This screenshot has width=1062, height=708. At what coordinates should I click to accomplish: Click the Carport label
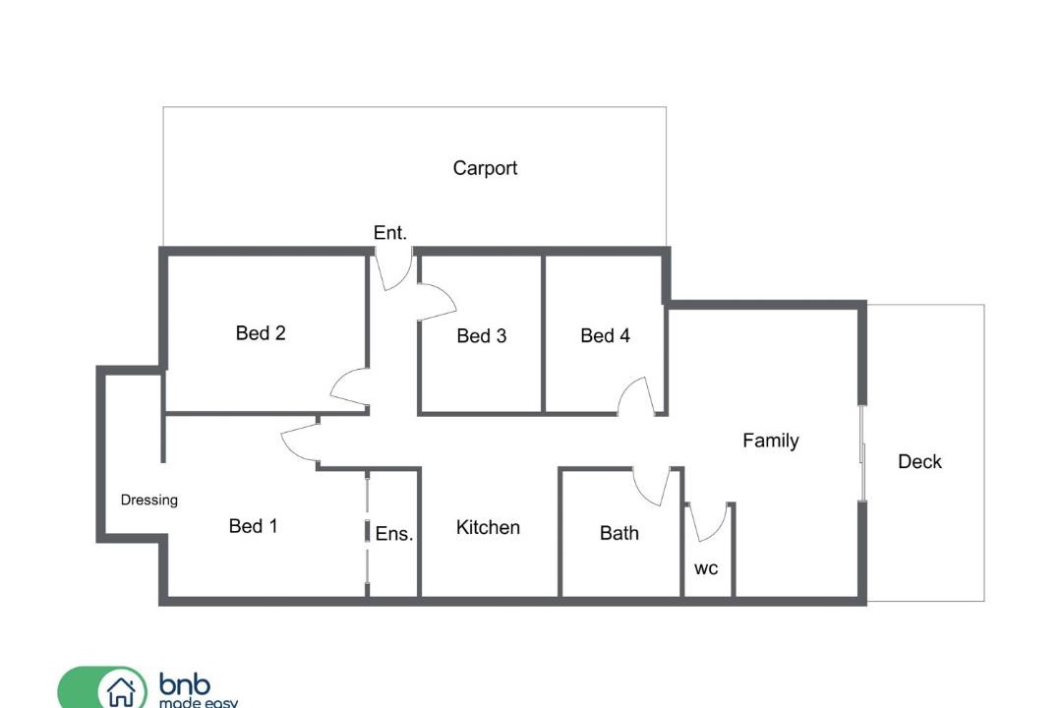[485, 168]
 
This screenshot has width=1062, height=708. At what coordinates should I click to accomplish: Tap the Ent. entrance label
[390, 232]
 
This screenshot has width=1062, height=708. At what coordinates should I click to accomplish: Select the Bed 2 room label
[261, 332]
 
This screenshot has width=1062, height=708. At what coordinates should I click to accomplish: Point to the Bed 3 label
[482, 335]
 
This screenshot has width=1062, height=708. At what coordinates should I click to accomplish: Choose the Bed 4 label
[606, 335]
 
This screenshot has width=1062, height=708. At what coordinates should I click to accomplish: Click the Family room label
[771, 441]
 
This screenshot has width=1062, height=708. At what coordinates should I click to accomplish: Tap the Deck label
[919, 461]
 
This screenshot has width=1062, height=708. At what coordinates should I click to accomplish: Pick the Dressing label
[149, 500]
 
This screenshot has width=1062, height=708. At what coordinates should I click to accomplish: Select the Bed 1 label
[254, 526]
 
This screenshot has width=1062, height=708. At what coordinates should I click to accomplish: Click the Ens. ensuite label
[394, 533]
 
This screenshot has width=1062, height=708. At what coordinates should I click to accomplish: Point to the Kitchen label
[488, 527]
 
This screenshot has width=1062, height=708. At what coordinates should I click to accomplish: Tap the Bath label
[619, 533]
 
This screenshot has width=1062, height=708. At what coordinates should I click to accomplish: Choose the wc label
[706, 568]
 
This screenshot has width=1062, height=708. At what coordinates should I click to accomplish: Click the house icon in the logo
[121, 692]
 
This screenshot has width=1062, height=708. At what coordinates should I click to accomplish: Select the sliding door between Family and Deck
[863, 452]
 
